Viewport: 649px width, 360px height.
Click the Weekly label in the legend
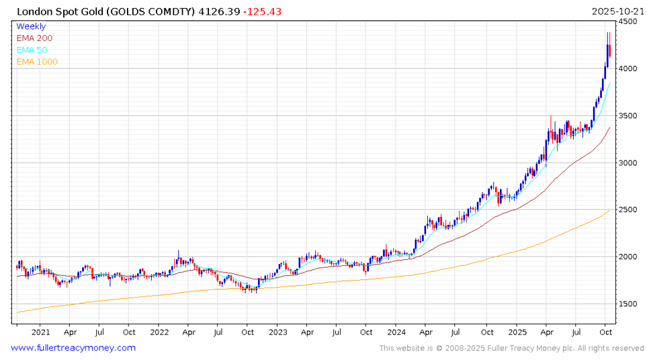coord(31,26)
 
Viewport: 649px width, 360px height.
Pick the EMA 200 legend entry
coord(34,38)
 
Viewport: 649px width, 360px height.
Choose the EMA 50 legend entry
coord(32,50)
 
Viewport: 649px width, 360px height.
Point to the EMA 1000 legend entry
coord(37,62)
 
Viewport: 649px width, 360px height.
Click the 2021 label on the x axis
coord(40,332)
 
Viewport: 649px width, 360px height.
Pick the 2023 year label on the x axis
coord(277,332)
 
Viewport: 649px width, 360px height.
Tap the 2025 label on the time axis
coord(516,332)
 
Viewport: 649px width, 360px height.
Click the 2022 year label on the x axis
coord(159,332)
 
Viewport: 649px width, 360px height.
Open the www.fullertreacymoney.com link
coord(73,348)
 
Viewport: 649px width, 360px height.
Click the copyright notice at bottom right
coord(511,348)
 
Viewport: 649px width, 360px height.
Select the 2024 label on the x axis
coord(397,332)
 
